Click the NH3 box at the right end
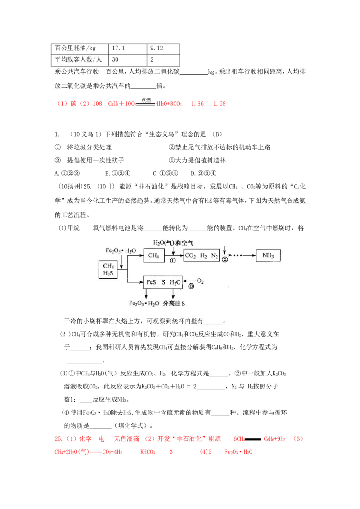tap(268, 256)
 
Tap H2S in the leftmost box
tap(108, 273)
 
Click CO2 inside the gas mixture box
tap(191, 256)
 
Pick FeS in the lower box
tap(150, 282)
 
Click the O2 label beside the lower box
tap(201, 282)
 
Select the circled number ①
tap(173, 261)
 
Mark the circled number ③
tap(191, 288)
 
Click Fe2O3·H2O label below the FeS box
tap(144, 304)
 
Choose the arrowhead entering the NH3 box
tap(253, 256)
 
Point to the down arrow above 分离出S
tap(173, 294)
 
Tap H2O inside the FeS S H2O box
tap(176, 282)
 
